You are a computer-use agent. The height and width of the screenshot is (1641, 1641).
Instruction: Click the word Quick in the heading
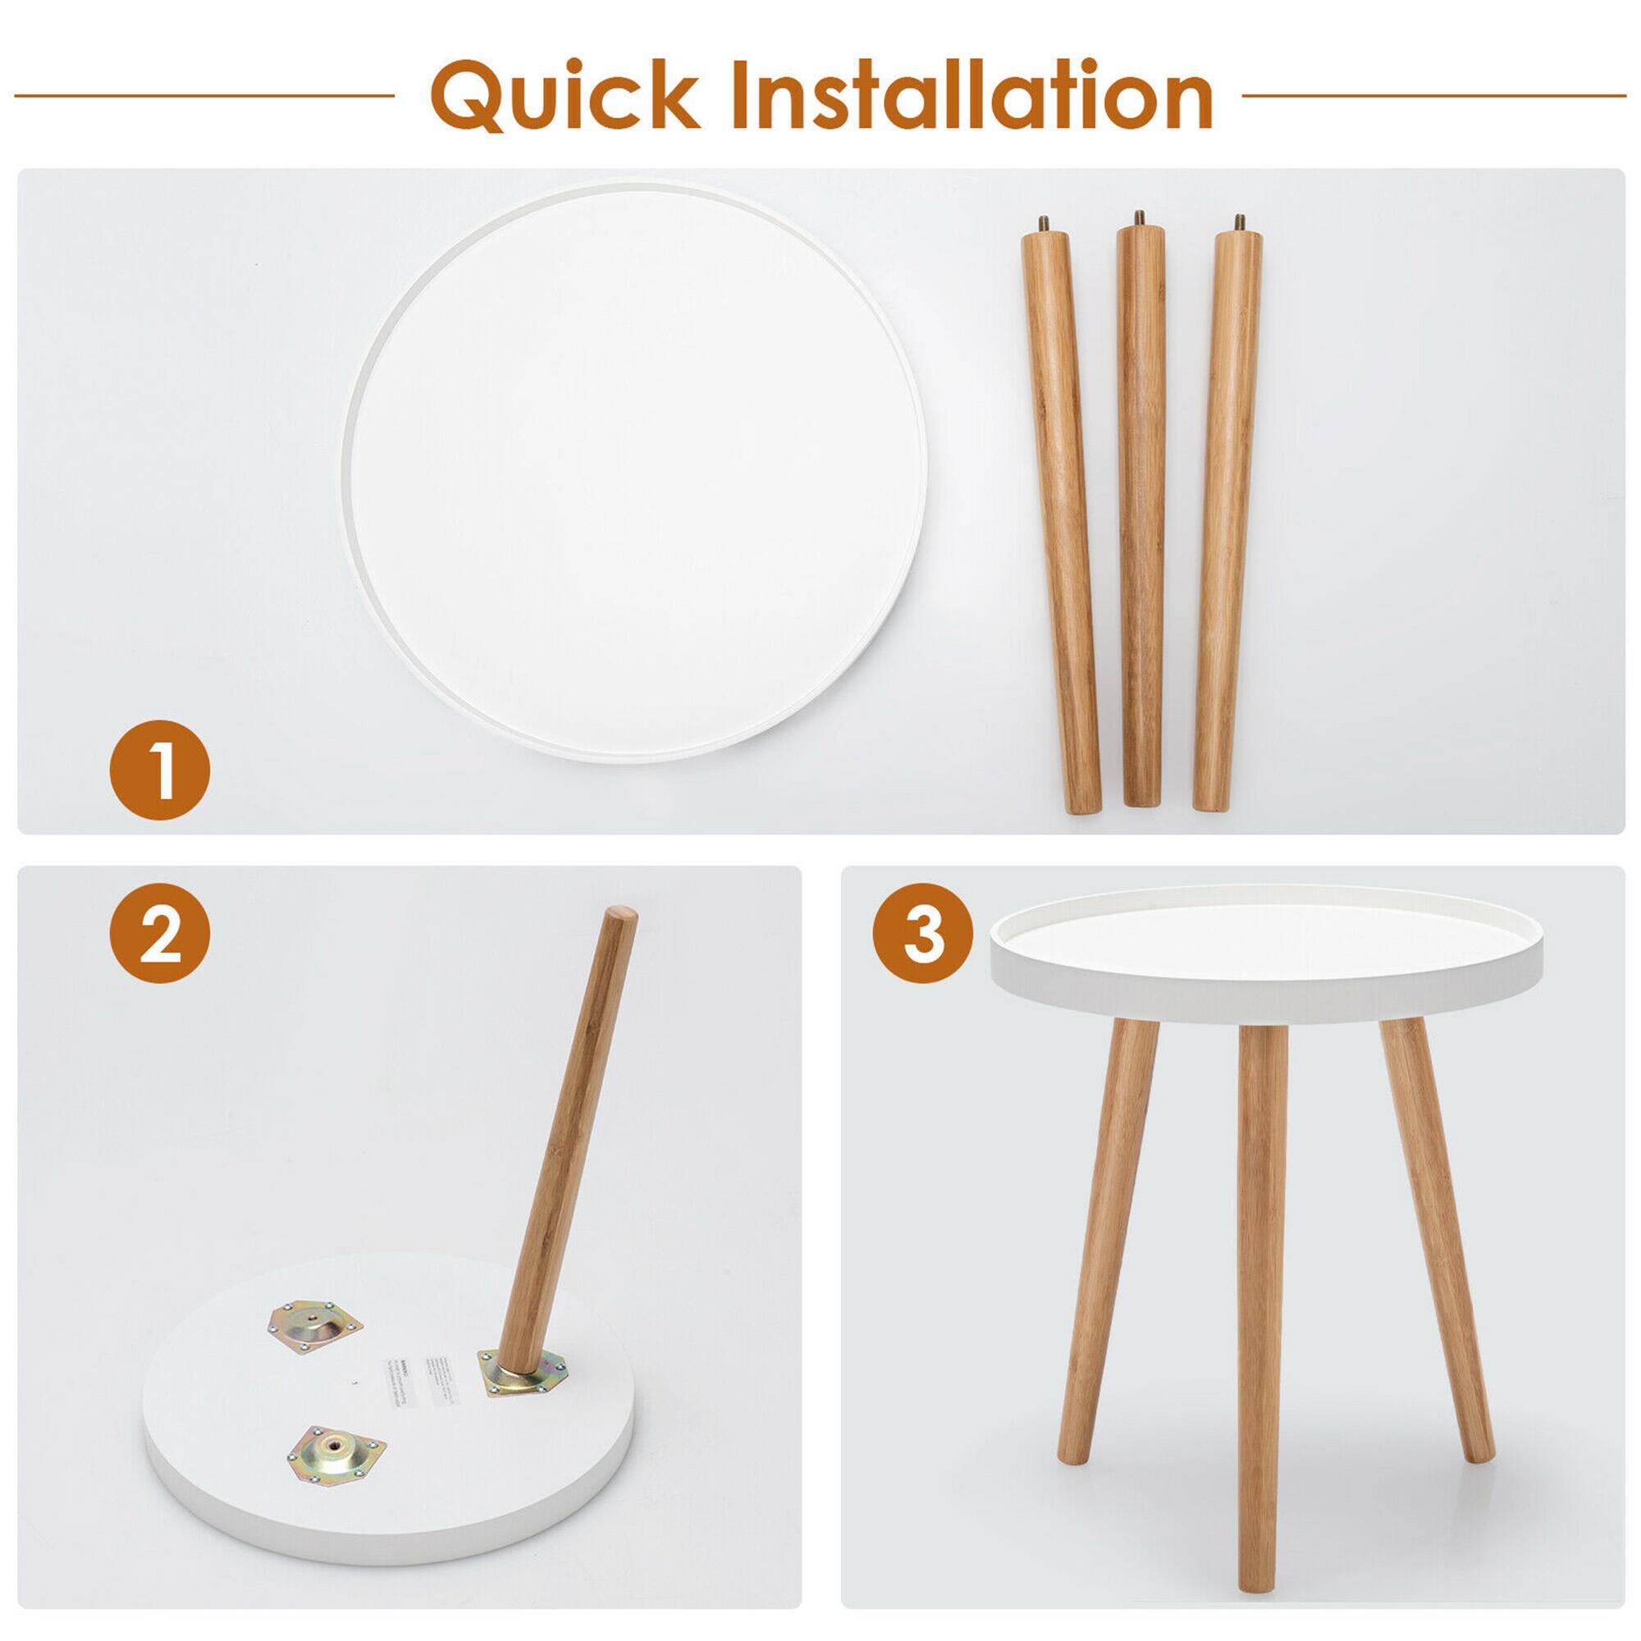(x=564, y=95)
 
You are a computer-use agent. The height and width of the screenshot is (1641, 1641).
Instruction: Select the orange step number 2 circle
(x=160, y=938)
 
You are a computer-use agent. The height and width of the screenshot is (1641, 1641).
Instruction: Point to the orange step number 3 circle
(x=923, y=938)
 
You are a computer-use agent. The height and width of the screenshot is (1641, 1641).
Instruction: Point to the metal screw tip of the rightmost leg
(x=1239, y=225)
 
